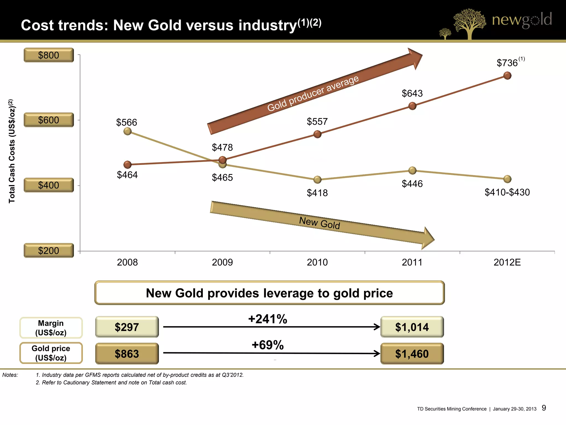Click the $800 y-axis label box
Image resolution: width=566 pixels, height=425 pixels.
coord(49,55)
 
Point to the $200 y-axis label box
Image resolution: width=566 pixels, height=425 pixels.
coord(49,250)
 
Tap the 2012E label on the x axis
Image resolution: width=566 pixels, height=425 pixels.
coord(507,262)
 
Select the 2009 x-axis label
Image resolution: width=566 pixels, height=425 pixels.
coord(222,262)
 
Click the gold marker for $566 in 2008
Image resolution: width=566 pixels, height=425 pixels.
coord(127,131)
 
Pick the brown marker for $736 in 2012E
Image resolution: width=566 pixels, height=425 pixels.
coord(507,76)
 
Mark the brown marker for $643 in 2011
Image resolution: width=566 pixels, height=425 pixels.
coord(412,106)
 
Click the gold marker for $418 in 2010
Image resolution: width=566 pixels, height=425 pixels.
coord(317,180)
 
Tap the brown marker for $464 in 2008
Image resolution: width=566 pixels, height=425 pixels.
coord(127,165)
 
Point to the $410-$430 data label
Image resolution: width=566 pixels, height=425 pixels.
coord(507,192)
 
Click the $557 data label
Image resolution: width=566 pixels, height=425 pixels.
coord(317,121)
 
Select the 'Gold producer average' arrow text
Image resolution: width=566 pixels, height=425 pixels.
coord(313,94)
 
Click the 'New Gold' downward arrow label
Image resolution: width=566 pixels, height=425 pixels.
coord(319,223)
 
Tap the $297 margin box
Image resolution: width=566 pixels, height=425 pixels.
coord(127,327)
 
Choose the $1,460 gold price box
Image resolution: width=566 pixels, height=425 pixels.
coord(412,354)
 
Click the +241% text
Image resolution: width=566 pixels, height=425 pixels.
coord(268,319)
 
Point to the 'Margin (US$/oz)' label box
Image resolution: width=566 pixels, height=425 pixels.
coord(51,328)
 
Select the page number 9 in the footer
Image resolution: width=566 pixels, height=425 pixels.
coord(544,408)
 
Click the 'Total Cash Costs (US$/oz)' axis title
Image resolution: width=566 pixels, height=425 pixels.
coord(11,151)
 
